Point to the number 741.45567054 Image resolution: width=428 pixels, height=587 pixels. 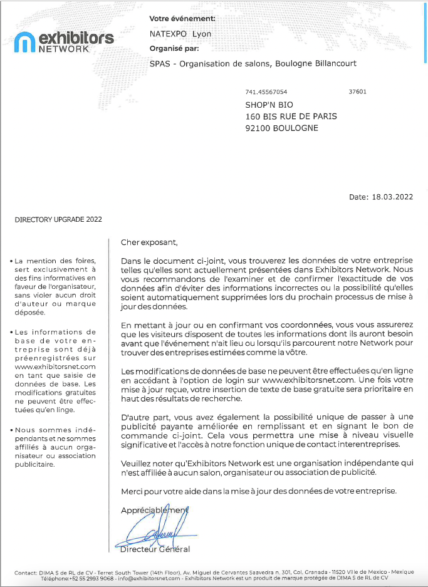click(266, 91)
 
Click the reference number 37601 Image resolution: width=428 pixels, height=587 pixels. click(357, 91)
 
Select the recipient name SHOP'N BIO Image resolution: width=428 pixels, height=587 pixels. click(269, 105)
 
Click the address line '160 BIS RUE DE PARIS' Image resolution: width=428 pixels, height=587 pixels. click(291, 117)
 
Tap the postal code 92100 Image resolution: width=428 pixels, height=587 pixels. click(259, 128)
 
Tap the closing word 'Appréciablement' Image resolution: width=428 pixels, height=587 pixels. click(154, 510)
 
